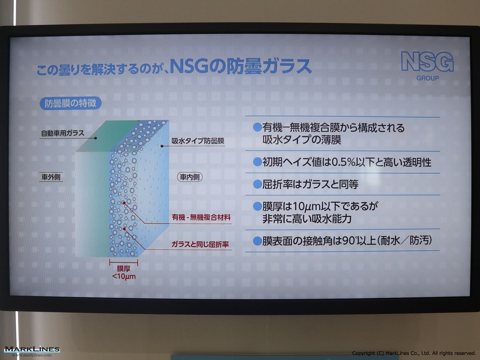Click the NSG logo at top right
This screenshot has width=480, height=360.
point(428,62)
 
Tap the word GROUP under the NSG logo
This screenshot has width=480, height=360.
point(428,78)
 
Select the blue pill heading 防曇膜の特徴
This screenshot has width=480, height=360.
point(70,103)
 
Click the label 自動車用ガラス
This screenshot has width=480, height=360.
point(62,133)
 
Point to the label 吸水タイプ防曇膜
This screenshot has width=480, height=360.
point(198,141)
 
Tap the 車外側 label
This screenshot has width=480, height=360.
point(51,177)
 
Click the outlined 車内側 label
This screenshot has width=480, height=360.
point(190,177)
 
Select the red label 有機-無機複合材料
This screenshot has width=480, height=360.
point(201,217)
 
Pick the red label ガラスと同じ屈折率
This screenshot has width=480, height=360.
point(200,244)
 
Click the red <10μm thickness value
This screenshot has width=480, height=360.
point(124,276)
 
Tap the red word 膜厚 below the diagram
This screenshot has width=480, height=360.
point(124,269)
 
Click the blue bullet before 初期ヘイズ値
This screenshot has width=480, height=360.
point(257,162)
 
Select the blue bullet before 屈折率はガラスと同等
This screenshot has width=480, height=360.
point(257,184)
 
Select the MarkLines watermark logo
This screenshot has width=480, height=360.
point(32,351)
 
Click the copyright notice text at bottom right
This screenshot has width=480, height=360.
point(414,354)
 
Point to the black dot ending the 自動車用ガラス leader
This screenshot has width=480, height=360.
point(96,138)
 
